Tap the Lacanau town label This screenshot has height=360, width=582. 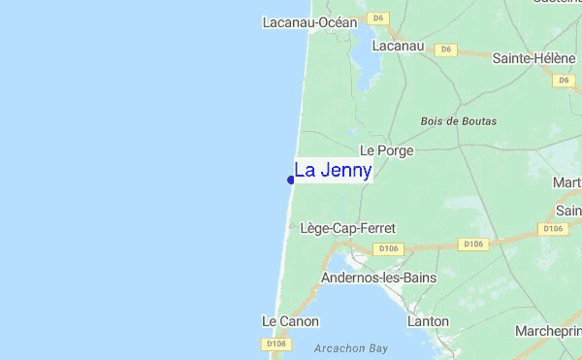[398, 46]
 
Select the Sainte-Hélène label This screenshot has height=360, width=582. [533, 58]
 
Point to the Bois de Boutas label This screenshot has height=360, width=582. [459, 121]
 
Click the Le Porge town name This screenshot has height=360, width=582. [386, 150]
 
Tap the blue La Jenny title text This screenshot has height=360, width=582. [333, 171]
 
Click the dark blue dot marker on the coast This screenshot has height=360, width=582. [291, 180]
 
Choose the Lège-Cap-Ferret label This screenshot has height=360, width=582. [348, 228]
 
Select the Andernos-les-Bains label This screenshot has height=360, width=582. [378, 278]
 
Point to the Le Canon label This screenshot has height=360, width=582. [290, 321]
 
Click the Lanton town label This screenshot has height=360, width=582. [428, 321]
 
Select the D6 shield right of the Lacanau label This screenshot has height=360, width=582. [446, 49]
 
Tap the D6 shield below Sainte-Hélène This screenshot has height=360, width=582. [564, 80]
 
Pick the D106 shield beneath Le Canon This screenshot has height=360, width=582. [276, 344]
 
